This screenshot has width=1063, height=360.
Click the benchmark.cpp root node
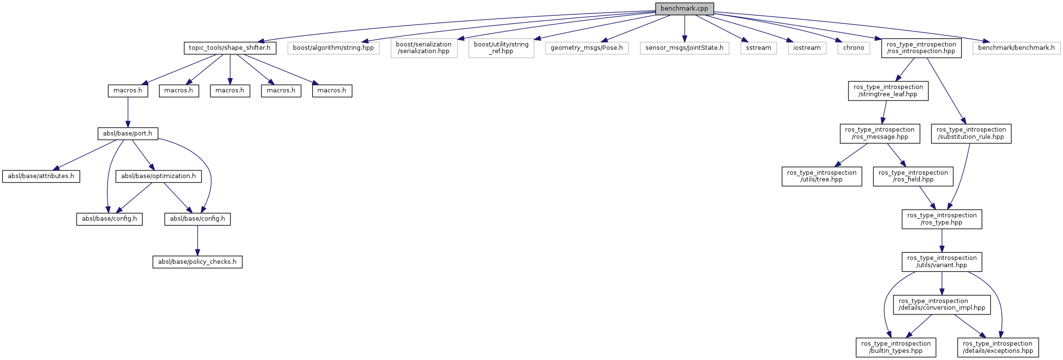(684, 9)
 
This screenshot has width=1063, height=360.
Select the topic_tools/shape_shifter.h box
(230, 48)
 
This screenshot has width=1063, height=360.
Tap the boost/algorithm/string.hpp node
(333, 48)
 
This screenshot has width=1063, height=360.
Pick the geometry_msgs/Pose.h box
(587, 48)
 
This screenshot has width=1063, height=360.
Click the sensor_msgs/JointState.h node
(684, 48)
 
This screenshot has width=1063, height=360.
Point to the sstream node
(758, 48)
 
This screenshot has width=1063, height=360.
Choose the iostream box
(807, 48)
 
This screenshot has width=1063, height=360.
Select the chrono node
(854, 48)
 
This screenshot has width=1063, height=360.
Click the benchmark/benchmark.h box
(1016, 48)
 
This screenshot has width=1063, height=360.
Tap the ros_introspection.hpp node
(921, 48)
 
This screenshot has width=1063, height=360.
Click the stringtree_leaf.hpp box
(888, 90)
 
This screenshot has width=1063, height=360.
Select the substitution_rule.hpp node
(971, 133)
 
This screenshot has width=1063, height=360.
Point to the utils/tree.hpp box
(822, 176)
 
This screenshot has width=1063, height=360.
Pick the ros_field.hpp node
(913, 176)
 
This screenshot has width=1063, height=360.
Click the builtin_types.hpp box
(895, 347)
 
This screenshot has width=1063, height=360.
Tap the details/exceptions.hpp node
(997, 347)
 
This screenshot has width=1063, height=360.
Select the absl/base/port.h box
(127, 134)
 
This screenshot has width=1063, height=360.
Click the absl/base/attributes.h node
(41, 176)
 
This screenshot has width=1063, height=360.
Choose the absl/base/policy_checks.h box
(197, 262)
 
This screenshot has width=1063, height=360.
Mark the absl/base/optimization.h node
(158, 176)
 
